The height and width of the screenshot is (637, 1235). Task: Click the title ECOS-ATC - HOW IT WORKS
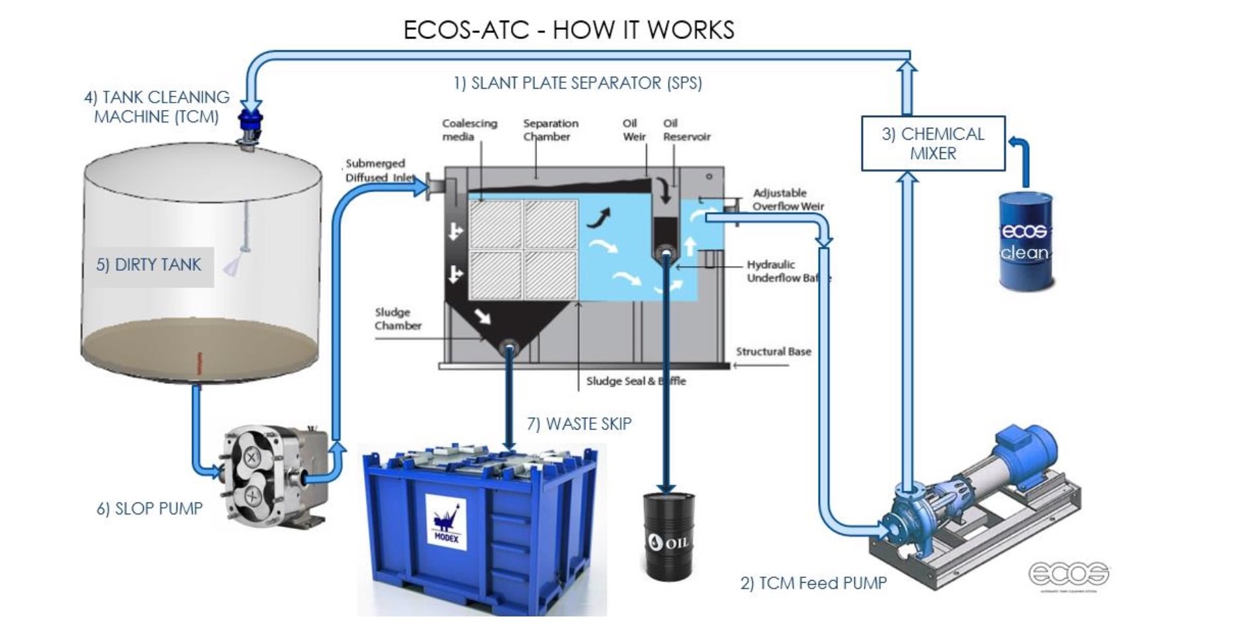pos(569,30)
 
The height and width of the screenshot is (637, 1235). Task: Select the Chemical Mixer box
pos(933,144)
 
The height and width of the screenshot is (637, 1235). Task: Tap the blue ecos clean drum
pos(1025,242)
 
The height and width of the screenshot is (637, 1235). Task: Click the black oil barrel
pos(669,536)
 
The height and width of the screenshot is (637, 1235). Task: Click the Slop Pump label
pos(150,509)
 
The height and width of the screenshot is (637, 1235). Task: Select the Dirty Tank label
pos(148,265)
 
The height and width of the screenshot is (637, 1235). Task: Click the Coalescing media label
pos(469,130)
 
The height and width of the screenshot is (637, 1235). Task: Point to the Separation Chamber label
pos(551,130)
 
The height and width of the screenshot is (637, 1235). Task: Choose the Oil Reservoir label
pos(686,130)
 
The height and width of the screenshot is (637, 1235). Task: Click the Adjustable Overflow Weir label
pos(788,199)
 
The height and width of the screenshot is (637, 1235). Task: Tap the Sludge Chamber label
pos(398,318)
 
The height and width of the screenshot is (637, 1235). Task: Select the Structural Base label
pos(773,352)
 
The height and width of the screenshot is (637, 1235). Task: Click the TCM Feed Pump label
pos(813,583)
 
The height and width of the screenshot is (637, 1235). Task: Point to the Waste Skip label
pos(579,424)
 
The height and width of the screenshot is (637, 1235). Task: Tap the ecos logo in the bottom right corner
pos(1068,573)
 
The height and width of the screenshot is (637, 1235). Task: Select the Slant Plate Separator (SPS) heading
pos(577,83)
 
